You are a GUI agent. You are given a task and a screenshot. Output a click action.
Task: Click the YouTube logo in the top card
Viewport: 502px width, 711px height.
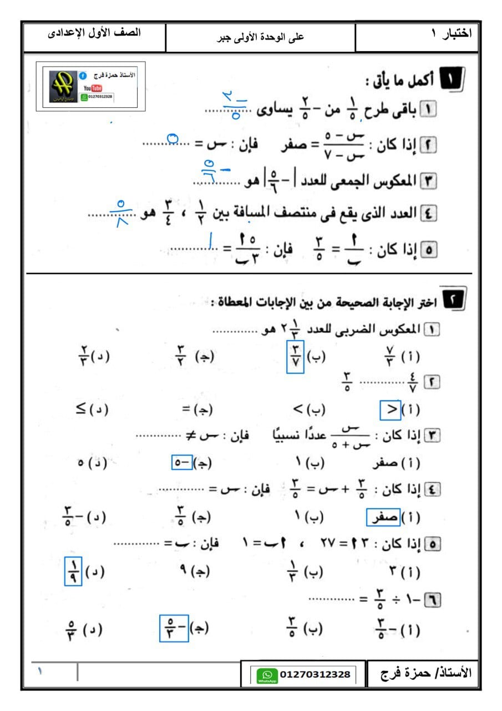93,88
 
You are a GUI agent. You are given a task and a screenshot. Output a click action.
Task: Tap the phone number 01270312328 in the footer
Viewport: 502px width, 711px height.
315,674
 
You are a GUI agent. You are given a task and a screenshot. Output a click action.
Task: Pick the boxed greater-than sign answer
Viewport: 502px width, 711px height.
391,410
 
